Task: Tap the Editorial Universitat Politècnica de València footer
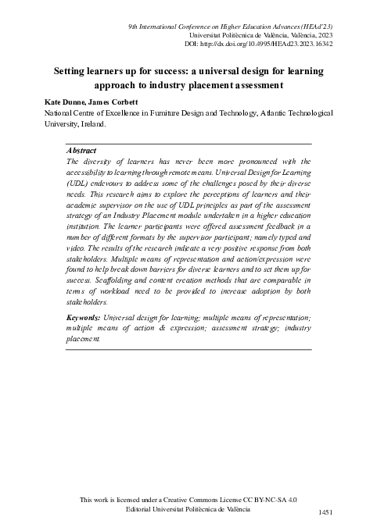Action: tap(188, 508)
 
